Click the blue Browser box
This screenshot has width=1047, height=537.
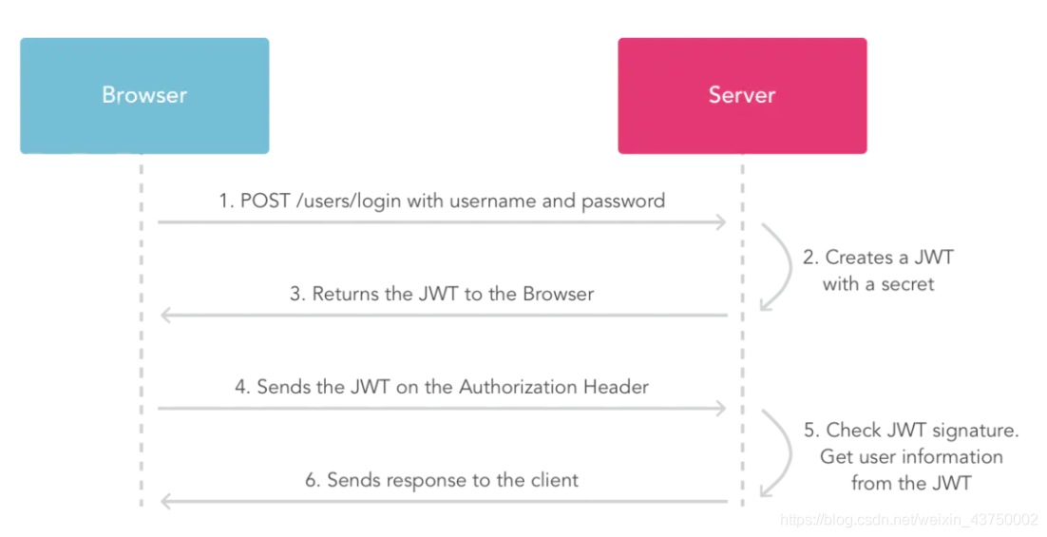pyautogui.click(x=144, y=96)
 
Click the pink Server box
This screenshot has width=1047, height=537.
pyautogui.click(x=742, y=96)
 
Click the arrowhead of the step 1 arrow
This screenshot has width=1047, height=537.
pyautogui.click(x=722, y=221)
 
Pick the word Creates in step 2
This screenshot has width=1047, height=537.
pyautogui.click(x=859, y=257)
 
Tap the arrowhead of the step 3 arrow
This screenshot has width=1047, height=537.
pyautogui.click(x=164, y=315)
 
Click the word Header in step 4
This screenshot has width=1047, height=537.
pyautogui.click(x=619, y=387)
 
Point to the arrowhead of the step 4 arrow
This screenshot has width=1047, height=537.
pyautogui.click(x=722, y=408)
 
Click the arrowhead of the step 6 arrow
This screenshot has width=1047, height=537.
pyautogui.click(x=164, y=501)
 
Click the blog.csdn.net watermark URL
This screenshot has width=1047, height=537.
pyautogui.click(x=908, y=519)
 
